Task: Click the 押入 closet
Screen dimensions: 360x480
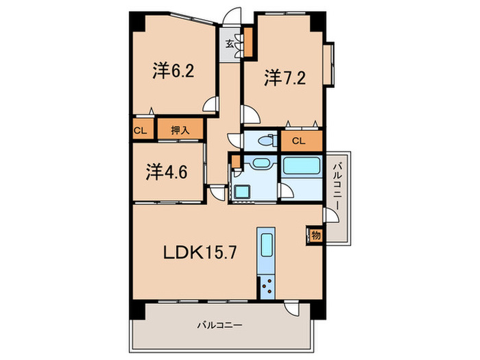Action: (x=180, y=129)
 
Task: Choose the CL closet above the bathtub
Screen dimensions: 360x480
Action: (x=300, y=141)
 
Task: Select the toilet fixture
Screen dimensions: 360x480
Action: (x=263, y=140)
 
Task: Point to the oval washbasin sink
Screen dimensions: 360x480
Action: (x=260, y=165)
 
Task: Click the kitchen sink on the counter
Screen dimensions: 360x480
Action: (x=267, y=244)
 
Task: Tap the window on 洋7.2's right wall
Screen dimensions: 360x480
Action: (x=330, y=64)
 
